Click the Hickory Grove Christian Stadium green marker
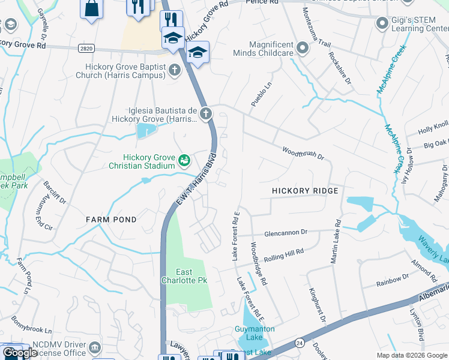tap(184, 160)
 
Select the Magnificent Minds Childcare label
tap(271, 49)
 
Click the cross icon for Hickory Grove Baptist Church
tap(175, 70)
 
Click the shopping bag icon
tap(92, 9)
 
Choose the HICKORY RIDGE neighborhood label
tap(305, 191)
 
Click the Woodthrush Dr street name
tap(303, 153)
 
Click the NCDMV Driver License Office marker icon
tap(95, 348)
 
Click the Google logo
tap(20, 353)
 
